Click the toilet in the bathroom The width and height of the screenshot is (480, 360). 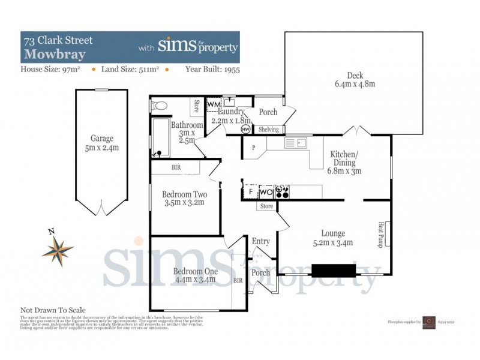[x=160, y=106]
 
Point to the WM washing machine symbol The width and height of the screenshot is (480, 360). [x=214, y=106]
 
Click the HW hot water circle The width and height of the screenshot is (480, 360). [x=245, y=129]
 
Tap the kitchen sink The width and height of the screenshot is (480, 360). [x=296, y=143]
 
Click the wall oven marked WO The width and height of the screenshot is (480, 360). [x=266, y=192]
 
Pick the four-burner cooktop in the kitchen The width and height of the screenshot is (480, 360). [x=283, y=192]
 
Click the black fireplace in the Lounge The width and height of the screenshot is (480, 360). [x=334, y=271]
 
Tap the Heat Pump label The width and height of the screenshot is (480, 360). [x=381, y=233]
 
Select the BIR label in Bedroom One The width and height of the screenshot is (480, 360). [x=238, y=280]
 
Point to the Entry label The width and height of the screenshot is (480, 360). [x=260, y=241]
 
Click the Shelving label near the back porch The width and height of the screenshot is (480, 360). [x=268, y=130]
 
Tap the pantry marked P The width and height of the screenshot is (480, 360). [x=254, y=148]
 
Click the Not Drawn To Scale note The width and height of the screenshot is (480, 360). [x=53, y=310]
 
